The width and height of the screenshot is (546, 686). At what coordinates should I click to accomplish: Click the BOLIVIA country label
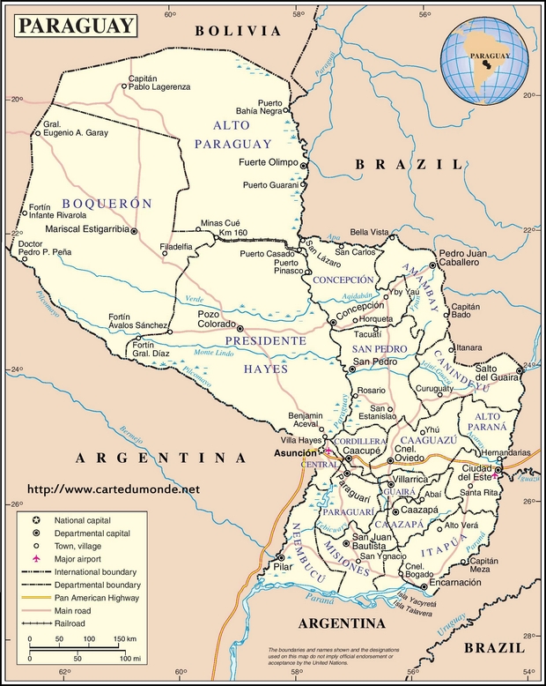tap(238, 30)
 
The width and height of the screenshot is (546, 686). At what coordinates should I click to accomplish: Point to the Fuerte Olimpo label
tap(269, 163)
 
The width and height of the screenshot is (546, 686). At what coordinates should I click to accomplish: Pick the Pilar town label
tap(284, 566)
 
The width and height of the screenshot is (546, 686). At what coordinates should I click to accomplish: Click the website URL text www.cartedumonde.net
tap(114, 488)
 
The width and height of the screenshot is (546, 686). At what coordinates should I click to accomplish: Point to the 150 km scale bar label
tap(125, 638)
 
